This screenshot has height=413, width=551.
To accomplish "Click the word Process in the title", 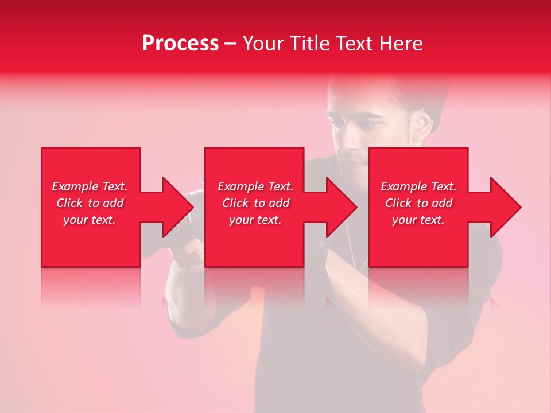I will [x=180, y=44].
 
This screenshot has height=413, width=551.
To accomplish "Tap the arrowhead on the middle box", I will [x=341, y=207].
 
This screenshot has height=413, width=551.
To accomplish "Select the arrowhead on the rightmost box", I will [x=505, y=207].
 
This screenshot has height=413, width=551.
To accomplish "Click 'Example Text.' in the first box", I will [x=90, y=186].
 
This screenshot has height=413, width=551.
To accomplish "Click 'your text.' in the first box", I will [x=90, y=220].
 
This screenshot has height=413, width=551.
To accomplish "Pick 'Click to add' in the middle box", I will [x=255, y=203].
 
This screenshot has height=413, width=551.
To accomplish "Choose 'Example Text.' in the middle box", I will [x=255, y=186].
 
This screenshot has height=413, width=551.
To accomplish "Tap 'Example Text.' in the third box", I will [x=418, y=186].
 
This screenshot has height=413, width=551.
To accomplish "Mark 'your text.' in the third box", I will [x=418, y=220].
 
